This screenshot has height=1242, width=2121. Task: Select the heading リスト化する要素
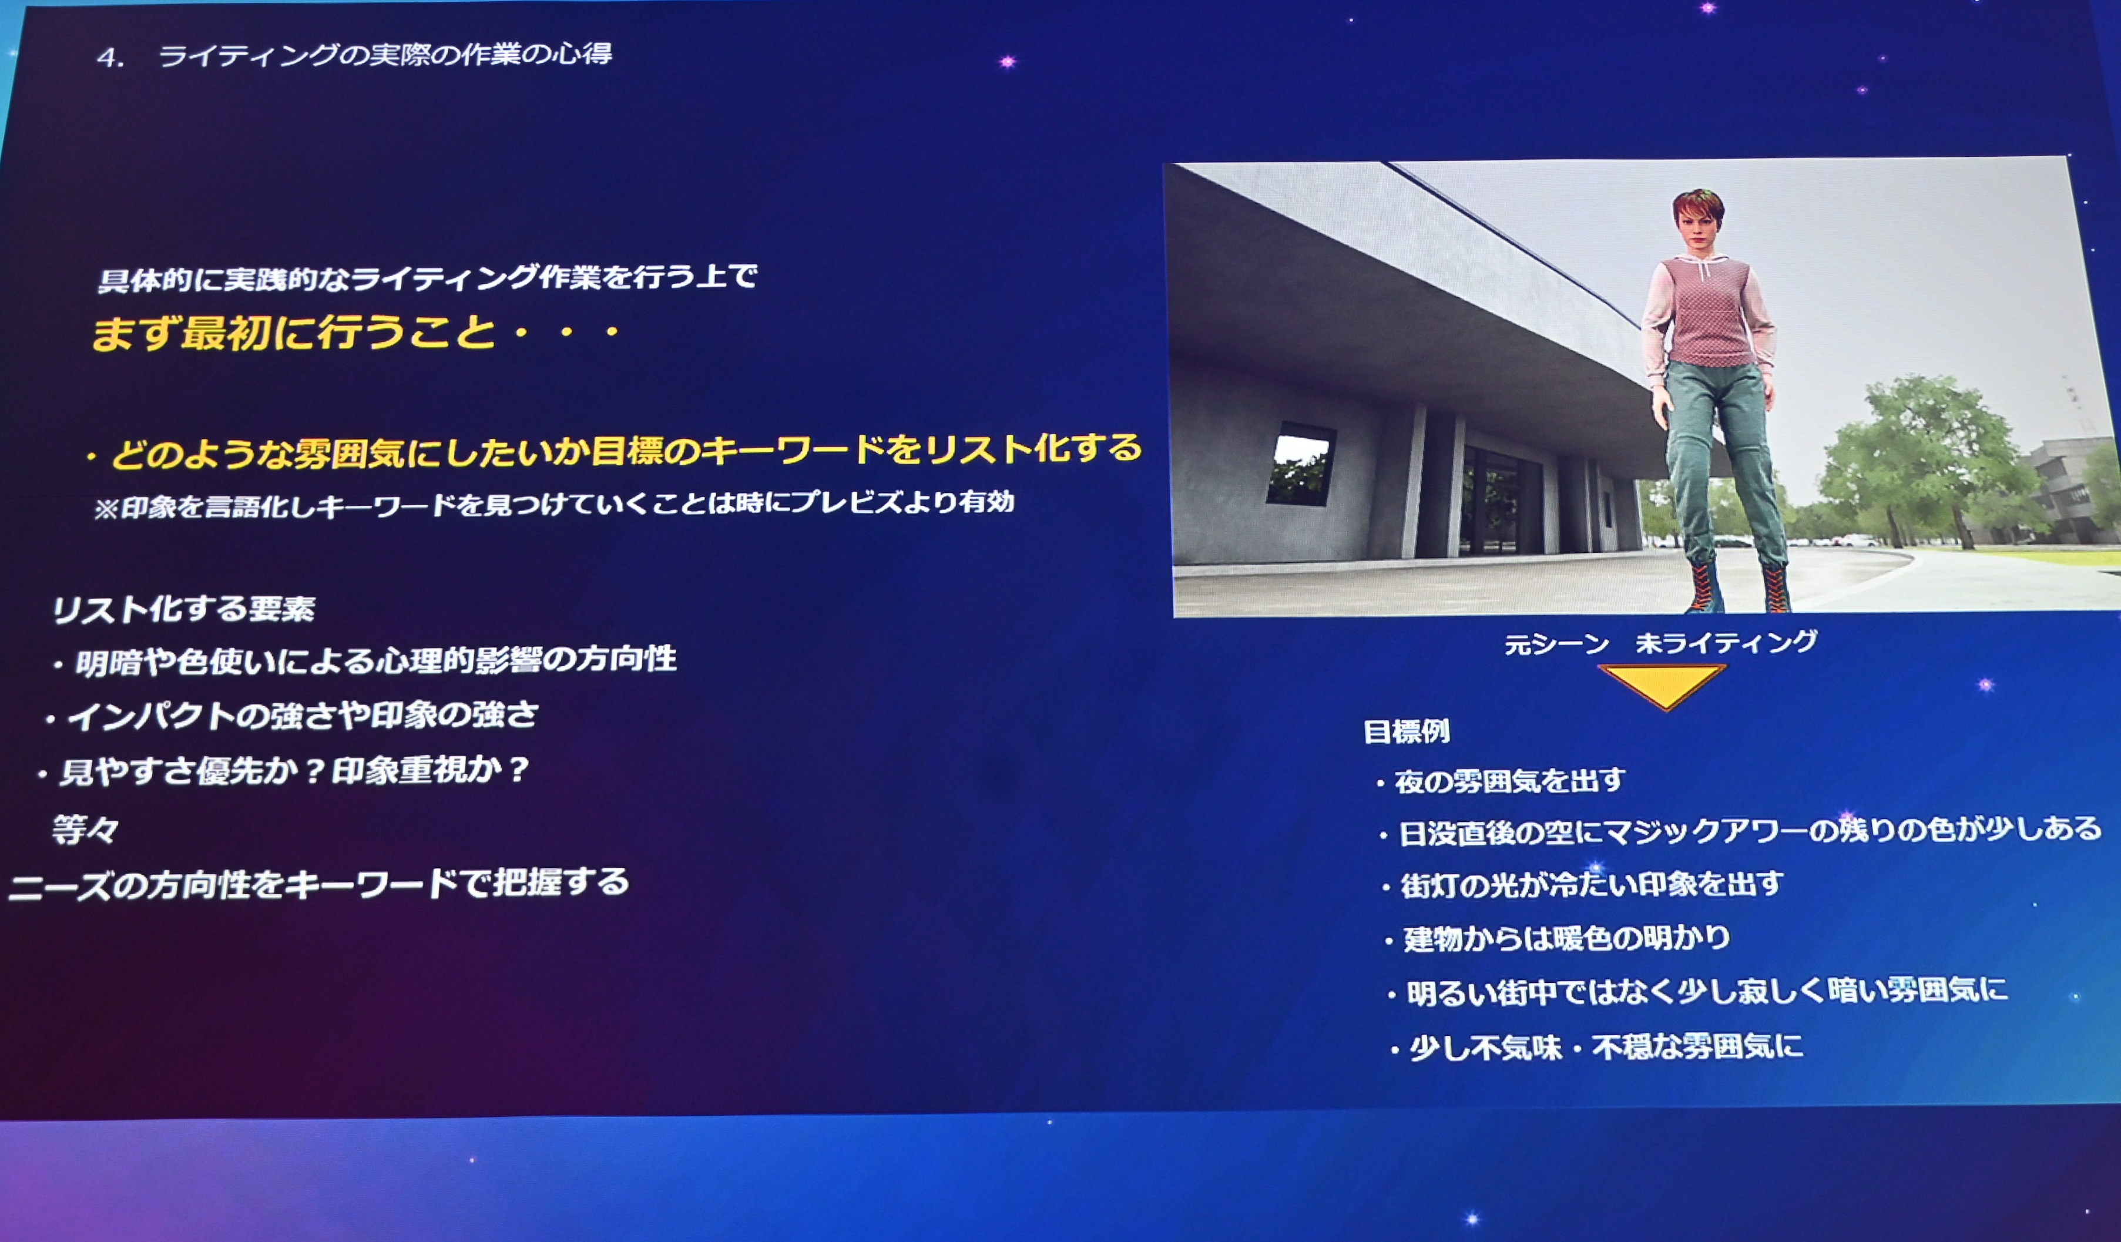183,609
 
